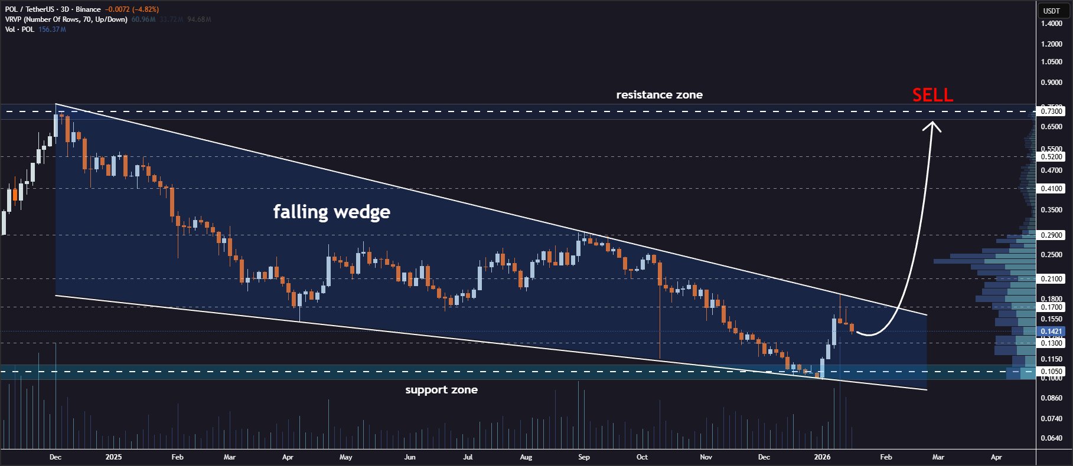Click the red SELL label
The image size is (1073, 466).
coord(932,95)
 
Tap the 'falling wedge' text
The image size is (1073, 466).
coord(331,211)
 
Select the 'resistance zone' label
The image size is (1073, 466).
coord(659,95)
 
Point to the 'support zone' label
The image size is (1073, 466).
coord(441,390)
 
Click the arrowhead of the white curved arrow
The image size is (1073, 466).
coord(933,125)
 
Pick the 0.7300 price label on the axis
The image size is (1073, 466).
coord(1051,111)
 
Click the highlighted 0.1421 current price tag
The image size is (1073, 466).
coord(1051,332)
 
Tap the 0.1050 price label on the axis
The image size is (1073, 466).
coord(1051,372)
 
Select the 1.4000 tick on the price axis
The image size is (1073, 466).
coord(1051,24)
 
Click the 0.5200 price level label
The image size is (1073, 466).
coord(1051,157)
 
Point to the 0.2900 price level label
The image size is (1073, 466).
coord(1051,235)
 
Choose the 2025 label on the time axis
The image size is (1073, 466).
coord(113,457)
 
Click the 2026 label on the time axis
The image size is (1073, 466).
coord(822,457)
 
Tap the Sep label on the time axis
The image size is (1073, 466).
coord(583,457)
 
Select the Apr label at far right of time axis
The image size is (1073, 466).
coord(996,457)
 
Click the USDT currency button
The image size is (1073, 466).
coord(1051,11)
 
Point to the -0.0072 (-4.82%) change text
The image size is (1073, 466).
coord(132,9)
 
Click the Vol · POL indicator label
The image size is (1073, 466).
coord(19,29)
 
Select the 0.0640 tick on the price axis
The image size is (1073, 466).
coord(1051,438)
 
